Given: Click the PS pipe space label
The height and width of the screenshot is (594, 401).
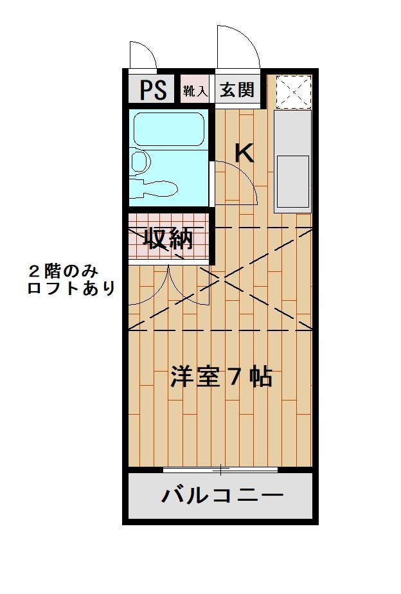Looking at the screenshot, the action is pyautogui.click(x=154, y=90).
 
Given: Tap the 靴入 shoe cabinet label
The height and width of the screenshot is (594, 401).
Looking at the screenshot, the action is pyautogui.click(x=195, y=91).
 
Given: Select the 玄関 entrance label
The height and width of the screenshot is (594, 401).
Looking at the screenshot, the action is pyautogui.click(x=237, y=90).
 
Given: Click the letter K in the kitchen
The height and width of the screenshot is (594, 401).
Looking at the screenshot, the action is pyautogui.click(x=244, y=153).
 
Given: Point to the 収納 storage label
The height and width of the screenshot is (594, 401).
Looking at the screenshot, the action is pyautogui.click(x=168, y=239).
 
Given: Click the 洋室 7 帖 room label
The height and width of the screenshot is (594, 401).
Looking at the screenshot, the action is pyautogui.click(x=221, y=376).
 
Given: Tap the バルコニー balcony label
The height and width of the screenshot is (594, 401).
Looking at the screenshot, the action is pyautogui.click(x=222, y=495).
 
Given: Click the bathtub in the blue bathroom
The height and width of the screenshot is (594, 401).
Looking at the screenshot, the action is pyautogui.click(x=169, y=129).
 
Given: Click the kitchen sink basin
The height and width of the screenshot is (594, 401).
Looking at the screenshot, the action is pyautogui.click(x=293, y=181).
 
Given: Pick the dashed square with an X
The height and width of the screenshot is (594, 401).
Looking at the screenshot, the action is pyautogui.click(x=294, y=91).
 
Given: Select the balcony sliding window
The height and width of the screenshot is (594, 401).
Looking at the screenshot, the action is pyautogui.click(x=220, y=470).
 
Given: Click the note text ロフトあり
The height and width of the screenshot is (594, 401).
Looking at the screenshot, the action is pyautogui.click(x=71, y=289).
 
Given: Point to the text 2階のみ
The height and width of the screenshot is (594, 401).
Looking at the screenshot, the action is pyautogui.click(x=64, y=271).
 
